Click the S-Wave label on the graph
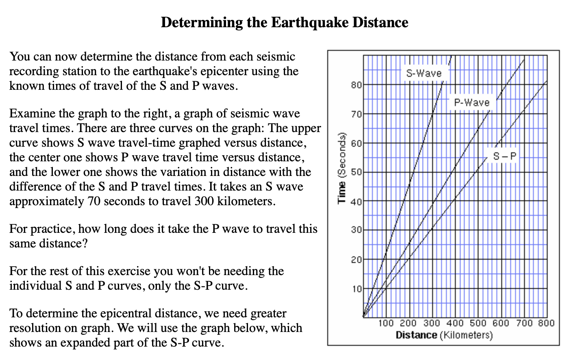click(424, 74)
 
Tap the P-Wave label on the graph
click(472, 102)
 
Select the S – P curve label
click(505, 156)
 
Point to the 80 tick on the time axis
click(356, 85)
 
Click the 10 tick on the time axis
click(356, 289)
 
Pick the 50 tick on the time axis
click(356, 172)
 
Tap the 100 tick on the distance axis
click(386, 323)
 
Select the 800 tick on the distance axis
click(546, 323)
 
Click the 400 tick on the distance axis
click(455, 323)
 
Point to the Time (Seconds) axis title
click(342, 168)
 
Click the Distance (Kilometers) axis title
click(444, 335)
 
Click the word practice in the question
click(52, 229)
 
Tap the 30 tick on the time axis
click(356, 230)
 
